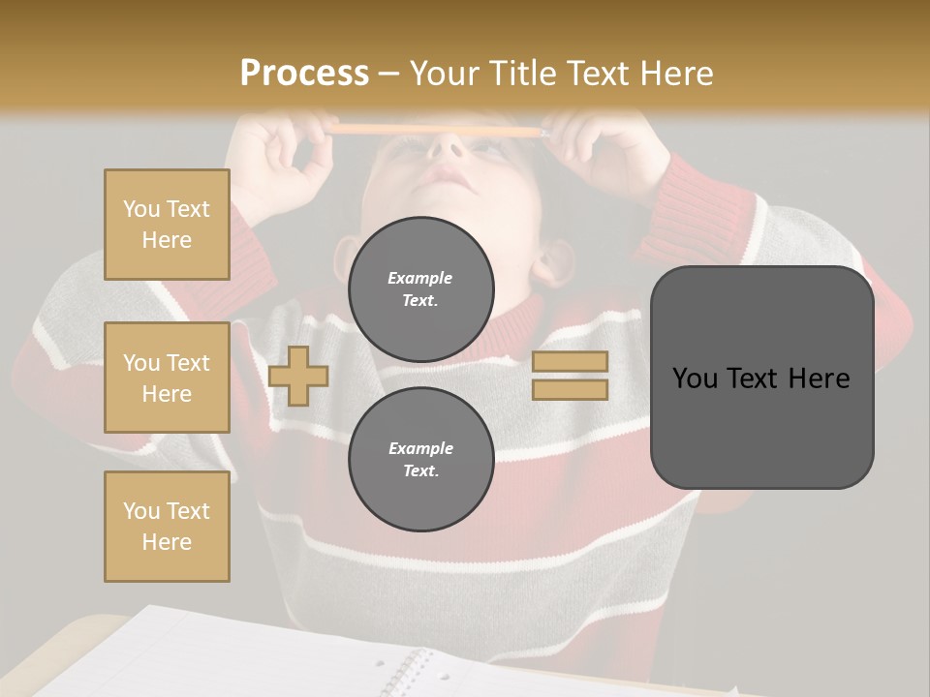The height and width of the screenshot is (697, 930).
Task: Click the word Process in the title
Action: tap(304, 73)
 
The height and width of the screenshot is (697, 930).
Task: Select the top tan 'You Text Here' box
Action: tap(167, 225)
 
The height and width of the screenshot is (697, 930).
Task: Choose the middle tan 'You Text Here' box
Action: tap(167, 378)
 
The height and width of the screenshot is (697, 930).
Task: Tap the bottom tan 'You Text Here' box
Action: tap(167, 527)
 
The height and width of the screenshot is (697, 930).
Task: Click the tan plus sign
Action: tap(298, 376)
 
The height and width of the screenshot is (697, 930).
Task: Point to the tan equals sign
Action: tap(570, 376)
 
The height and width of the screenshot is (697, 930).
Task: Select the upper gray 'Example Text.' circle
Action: tap(420, 288)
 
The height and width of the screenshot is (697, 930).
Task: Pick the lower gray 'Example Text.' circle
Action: tap(420, 459)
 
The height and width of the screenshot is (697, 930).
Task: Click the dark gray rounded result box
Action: tap(761, 378)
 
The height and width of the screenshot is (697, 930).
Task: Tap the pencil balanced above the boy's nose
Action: tap(436, 129)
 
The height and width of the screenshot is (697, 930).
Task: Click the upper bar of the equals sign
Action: tap(570, 362)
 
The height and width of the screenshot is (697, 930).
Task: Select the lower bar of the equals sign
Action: tap(570, 389)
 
